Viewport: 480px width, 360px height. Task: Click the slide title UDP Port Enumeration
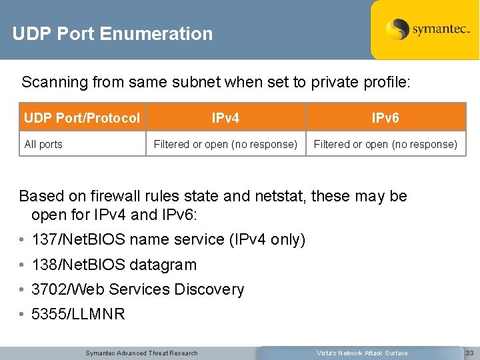click(x=112, y=33)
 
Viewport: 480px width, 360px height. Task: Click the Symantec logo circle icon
click(x=397, y=29)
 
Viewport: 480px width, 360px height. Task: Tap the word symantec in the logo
click(x=441, y=30)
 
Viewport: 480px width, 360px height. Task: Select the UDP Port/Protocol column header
click(x=82, y=119)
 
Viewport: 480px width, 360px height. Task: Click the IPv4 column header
click(x=225, y=119)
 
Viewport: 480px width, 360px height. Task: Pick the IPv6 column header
click(x=385, y=119)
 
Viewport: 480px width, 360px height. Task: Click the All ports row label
click(x=43, y=144)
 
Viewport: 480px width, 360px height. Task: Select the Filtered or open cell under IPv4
click(x=225, y=144)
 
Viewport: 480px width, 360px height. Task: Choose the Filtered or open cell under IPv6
click(x=385, y=144)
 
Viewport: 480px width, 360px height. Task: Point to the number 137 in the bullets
click(x=44, y=239)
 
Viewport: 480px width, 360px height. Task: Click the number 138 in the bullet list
click(x=44, y=265)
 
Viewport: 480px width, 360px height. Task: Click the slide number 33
click(x=469, y=353)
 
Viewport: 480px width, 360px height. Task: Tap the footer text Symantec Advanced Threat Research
click(x=141, y=353)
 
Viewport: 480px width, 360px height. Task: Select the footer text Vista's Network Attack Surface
click(x=362, y=353)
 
